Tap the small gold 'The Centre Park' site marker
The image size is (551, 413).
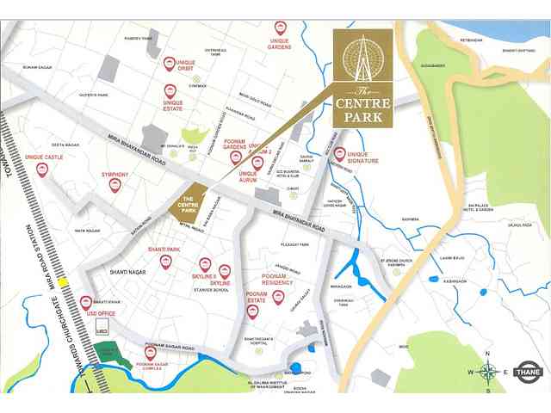pyautogui.click(x=189, y=204)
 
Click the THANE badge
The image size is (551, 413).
pyautogui.click(x=527, y=373)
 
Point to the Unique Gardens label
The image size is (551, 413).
pyautogui.click(x=280, y=44)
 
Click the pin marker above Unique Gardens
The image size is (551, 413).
pyautogui.click(x=280, y=28)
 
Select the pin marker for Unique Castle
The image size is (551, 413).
pyautogui.click(x=42, y=170)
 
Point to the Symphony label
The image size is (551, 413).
pyautogui.click(x=115, y=175)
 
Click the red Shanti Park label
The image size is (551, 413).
pyautogui.click(x=163, y=249)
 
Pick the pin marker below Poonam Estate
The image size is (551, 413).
pyautogui.click(x=252, y=311)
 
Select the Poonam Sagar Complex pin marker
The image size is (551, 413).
pyautogui.click(x=151, y=352)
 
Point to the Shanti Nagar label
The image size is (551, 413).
pyautogui.click(x=127, y=271)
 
